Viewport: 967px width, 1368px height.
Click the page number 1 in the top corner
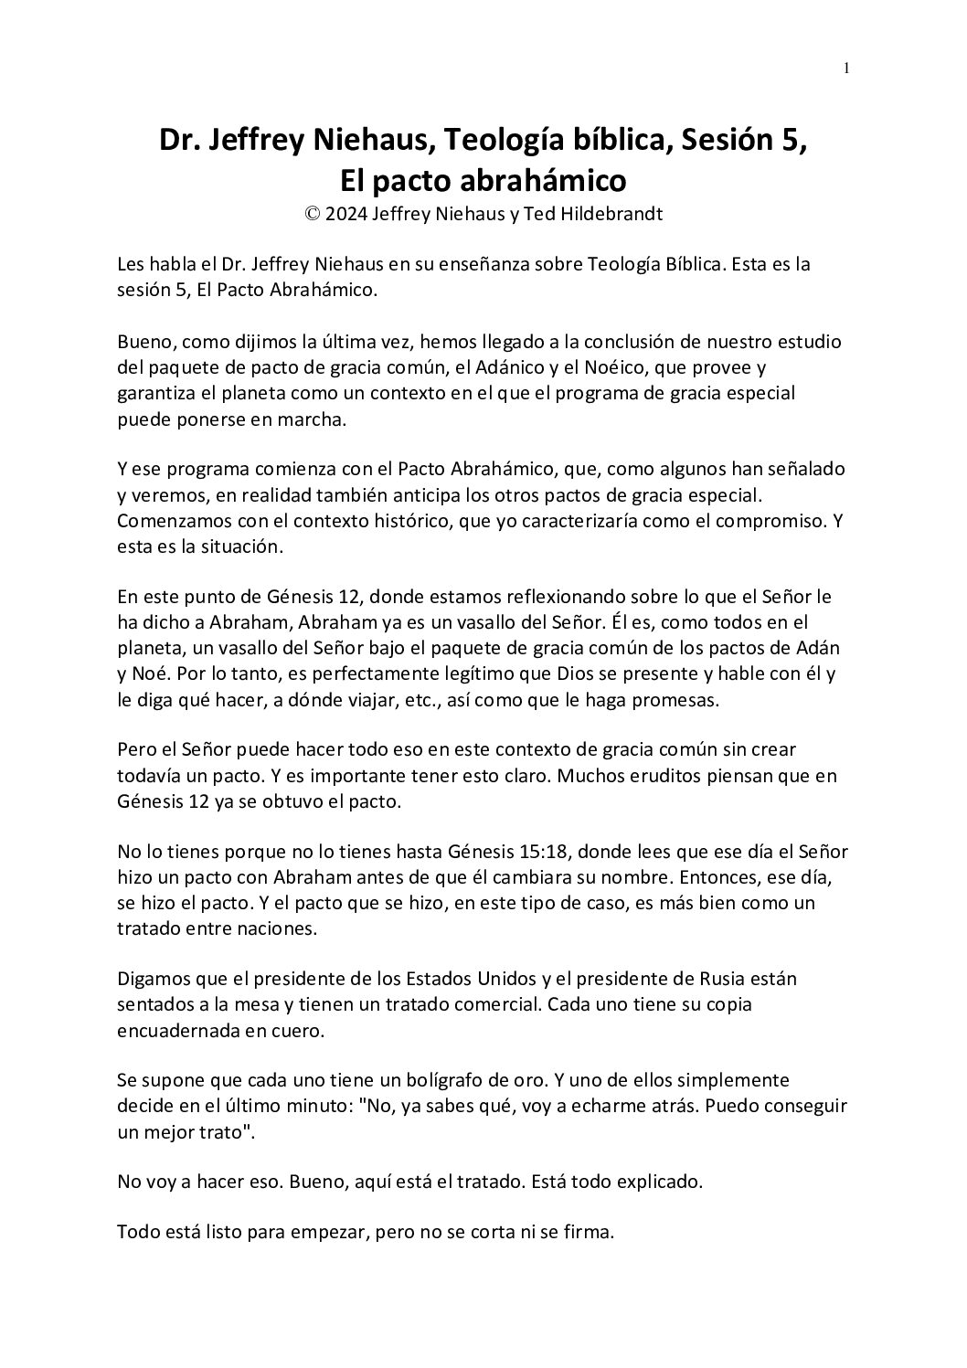[847, 68]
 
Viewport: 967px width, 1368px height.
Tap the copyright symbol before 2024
[313, 214]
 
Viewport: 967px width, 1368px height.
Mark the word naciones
[275, 928]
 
